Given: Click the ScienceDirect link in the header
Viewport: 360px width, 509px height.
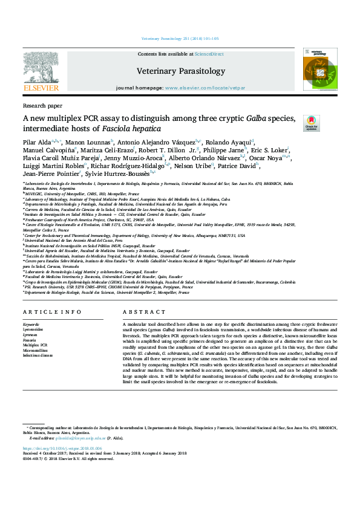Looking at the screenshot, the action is pos(209,54).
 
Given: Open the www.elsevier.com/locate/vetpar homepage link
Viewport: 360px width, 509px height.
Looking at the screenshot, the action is pos(205,88).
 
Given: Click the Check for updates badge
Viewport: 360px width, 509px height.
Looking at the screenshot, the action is pos(311,123).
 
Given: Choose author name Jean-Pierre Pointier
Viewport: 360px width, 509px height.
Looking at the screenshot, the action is pos(49,173).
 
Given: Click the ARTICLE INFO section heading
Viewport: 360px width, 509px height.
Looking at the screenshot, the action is pos(52,312).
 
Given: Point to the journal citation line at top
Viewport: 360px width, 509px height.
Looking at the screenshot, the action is pos(180,38).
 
